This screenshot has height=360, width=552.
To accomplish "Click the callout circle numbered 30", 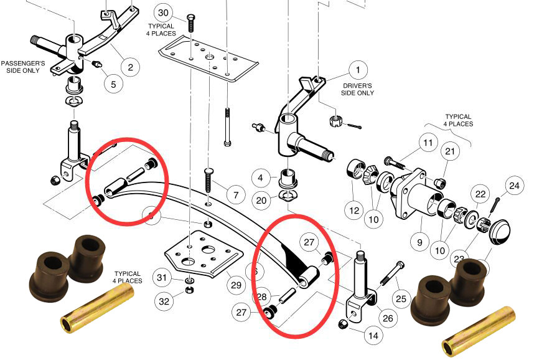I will (163, 13).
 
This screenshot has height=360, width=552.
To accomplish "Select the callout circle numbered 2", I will (130, 67).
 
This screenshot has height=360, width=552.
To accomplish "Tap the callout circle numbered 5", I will (113, 83).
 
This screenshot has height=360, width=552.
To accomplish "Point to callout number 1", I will (358, 70).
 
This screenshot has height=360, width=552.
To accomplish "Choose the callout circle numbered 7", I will (236, 196).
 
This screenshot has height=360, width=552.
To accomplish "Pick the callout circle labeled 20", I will (261, 200).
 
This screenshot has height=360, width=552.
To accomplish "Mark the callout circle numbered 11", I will (428, 143).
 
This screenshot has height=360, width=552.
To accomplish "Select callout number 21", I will (451, 152).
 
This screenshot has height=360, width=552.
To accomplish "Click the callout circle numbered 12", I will (354, 211).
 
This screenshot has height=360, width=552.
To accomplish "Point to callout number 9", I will (419, 240).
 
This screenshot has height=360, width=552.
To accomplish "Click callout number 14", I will (373, 336).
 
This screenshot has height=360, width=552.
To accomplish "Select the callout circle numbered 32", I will (164, 301).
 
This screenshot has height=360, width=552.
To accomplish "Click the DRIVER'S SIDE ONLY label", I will (357, 89).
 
